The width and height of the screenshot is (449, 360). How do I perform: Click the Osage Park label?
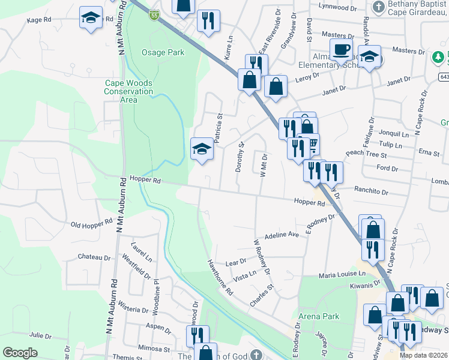point(163,53)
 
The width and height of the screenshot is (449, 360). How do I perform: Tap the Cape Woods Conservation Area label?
point(128,91)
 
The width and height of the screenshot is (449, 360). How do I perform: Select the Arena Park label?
point(318,316)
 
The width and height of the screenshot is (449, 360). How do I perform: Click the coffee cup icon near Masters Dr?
point(341,50)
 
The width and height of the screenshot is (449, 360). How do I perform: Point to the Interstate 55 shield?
point(155,13)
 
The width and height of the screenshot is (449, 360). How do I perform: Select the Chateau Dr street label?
point(94,257)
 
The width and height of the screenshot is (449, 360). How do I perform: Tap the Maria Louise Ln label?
point(342,275)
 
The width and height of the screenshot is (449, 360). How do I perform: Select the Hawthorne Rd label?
point(220,277)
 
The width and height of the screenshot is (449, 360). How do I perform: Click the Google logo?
point(20,353)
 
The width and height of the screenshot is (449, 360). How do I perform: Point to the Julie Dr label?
point(40,335)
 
